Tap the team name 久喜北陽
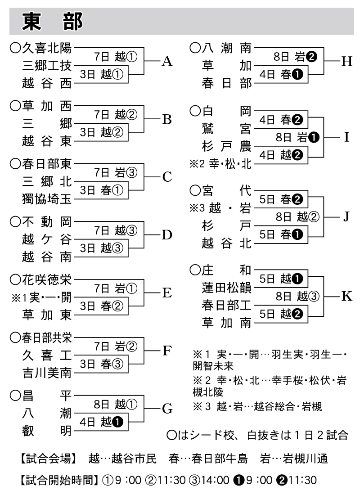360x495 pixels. click(47, 47)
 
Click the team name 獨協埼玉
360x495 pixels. click(47, 198)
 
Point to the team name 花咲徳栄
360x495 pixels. click(47, 280)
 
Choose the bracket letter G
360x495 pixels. click(167, 409)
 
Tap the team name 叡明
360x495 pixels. click(47, 431)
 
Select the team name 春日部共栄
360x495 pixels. click(47, 338)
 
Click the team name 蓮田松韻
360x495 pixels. click(226, 288)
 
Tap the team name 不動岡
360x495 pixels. click(47, 222)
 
